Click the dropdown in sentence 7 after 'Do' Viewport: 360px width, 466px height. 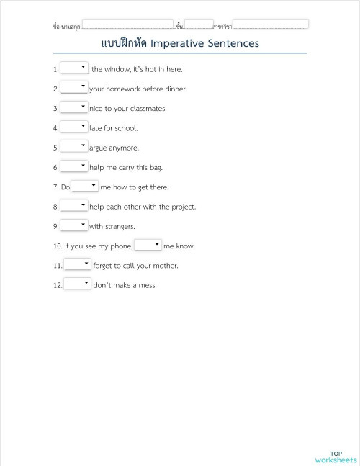pyautogui.click(x=85, y=186)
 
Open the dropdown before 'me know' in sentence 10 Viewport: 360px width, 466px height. pyautogui.click(x=148, y=245)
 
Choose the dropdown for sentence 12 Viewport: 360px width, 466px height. pyautogui.click(x=78, y=284)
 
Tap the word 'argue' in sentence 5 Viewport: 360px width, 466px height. pyautogui.click(x=98, y=148)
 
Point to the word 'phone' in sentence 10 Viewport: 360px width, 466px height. pyautogui.click(x=120, y=246)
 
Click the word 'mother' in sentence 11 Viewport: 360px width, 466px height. pyautogui.click(x=164, y=266)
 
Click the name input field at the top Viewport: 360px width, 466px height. pyautogui.click(x=127, y=24)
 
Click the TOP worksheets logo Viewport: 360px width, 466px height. pyautogui.click(x=336, y=457)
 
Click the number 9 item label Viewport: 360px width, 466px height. pyautogui.click(x=55, y=227)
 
